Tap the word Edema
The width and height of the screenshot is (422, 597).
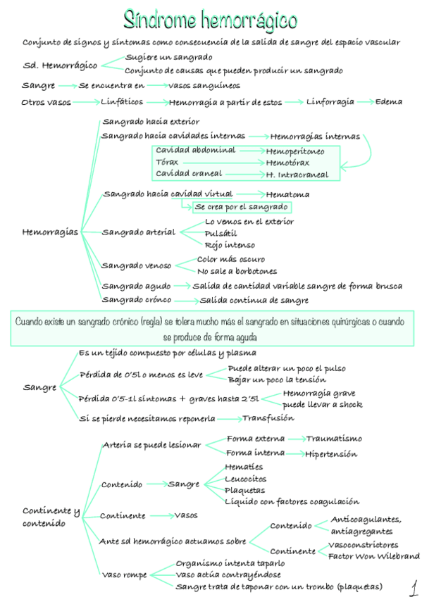(x=388, y=102)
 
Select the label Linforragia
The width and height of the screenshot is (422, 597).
(x=330, y=102)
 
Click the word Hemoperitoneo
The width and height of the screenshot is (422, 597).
(x=295, y=151)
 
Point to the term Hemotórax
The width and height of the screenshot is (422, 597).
(x=287, y=163)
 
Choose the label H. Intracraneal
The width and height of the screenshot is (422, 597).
(x=297, y=174)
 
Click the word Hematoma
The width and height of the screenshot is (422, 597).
(x=287, y=194)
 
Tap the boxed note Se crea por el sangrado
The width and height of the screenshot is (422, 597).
(x=241, y=207)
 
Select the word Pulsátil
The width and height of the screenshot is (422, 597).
(x=221, y=233)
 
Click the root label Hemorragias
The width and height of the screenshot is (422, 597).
(x=51, y=232)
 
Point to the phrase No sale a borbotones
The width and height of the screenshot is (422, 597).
(x=237, y=271)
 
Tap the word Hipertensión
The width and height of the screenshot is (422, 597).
(x=330, y=454)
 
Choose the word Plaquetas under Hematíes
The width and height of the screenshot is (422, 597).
(x=244, y=490)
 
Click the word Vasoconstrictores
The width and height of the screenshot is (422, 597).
(x=363, y=544)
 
